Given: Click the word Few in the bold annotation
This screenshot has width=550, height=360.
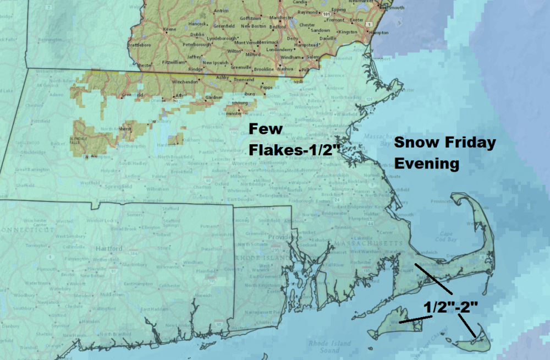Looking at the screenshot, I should pos(266,129).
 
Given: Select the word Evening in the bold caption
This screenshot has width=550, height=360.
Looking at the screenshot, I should pos(427,164).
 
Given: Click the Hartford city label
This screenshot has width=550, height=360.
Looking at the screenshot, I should pos(108,248).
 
